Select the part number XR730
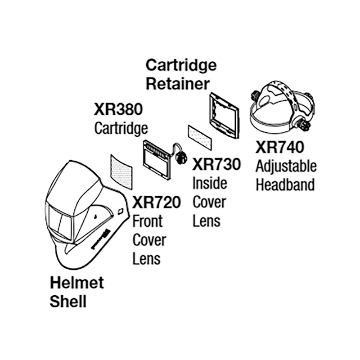tap(216, 164)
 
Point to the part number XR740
tap(280, 147)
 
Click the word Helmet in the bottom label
tap(76, 283)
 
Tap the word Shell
tap(68, 301)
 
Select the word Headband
tap(285, 184)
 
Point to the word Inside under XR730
tap(210, 183)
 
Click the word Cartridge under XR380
tap(121, 128)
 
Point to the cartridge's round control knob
tap(181, 158)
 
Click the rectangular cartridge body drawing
tap(156, 157)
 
